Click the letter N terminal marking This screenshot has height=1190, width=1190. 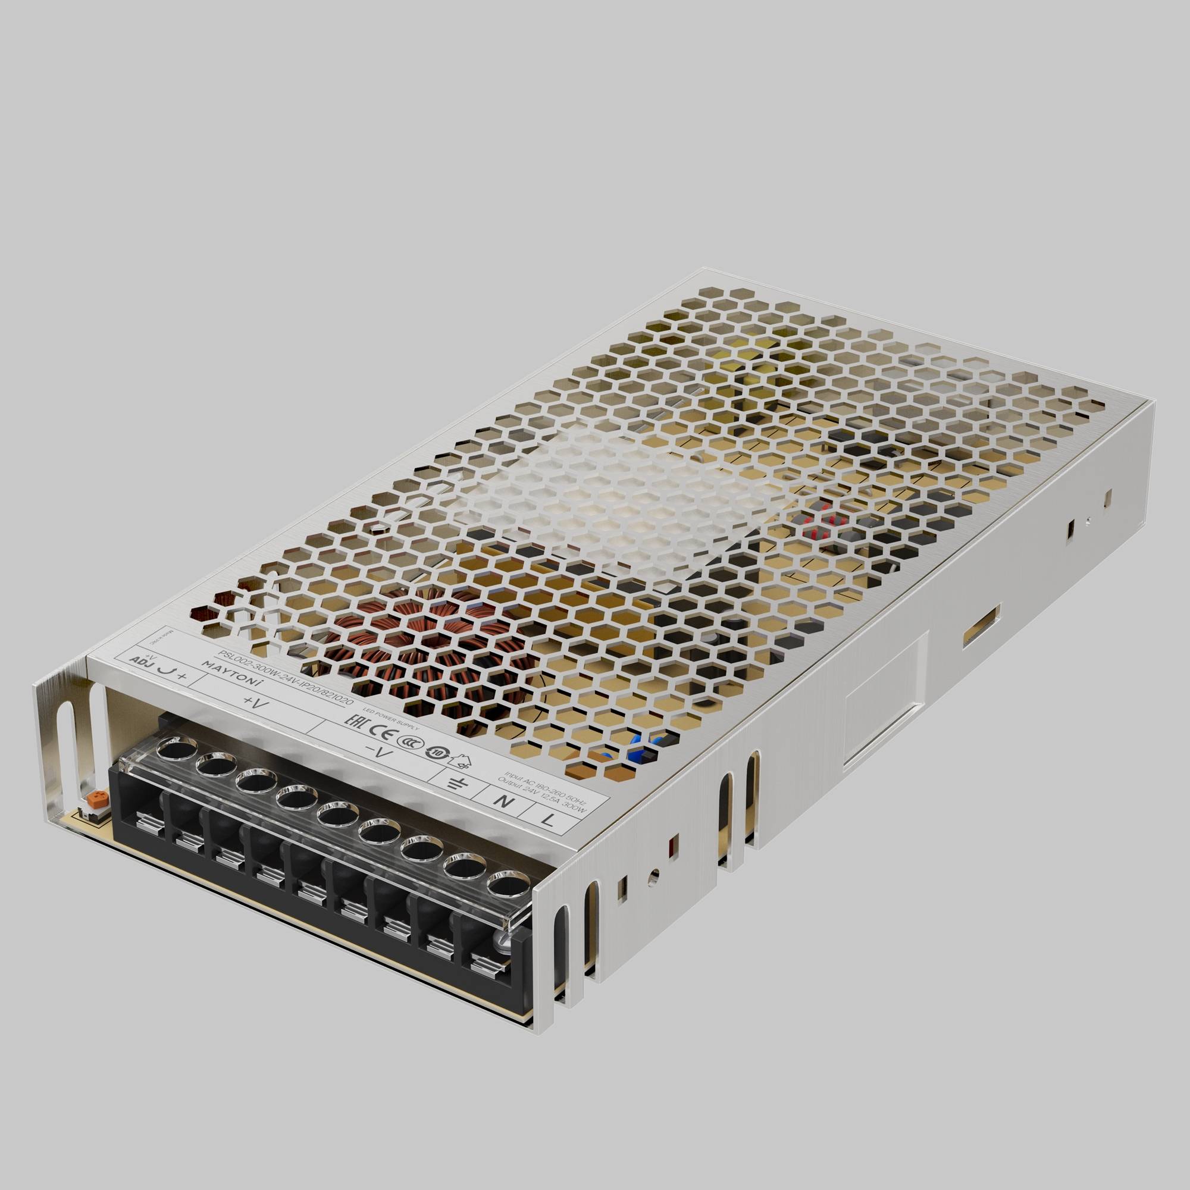click(x=504, y=801)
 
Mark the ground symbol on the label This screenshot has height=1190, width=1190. click(x=456, y=783)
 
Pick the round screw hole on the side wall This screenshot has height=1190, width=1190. click(x=654, y=873)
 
